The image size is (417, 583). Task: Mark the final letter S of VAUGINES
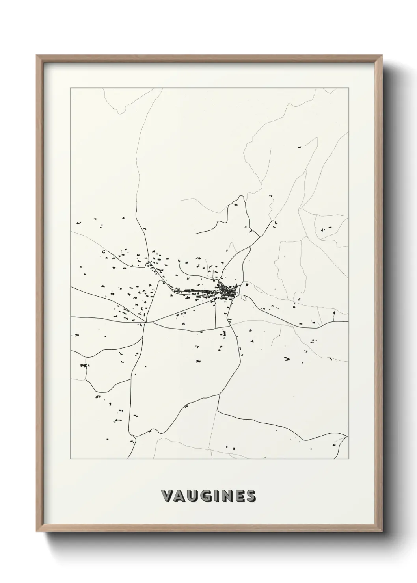[x=251, y=496]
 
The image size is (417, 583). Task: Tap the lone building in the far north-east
[x=299, y=147]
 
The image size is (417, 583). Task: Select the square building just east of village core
[x=247, y=284]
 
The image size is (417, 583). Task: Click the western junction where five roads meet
[x=146, y=323]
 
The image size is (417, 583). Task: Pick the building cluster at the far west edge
[x=84, y=366]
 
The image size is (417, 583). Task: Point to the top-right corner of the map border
[x=348, y=88]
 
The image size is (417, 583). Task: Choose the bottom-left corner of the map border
[x=71, y=459]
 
